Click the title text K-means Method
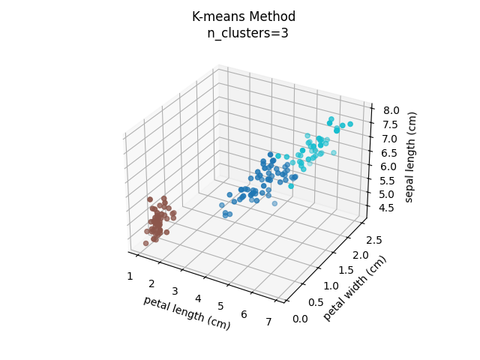[244, 16]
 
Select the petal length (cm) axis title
[187, 313]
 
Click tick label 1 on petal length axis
[130, 276]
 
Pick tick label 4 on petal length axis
[198, 298]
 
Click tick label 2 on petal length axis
[151, 283]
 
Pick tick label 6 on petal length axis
[245, 314]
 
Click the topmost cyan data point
[331, 119]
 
